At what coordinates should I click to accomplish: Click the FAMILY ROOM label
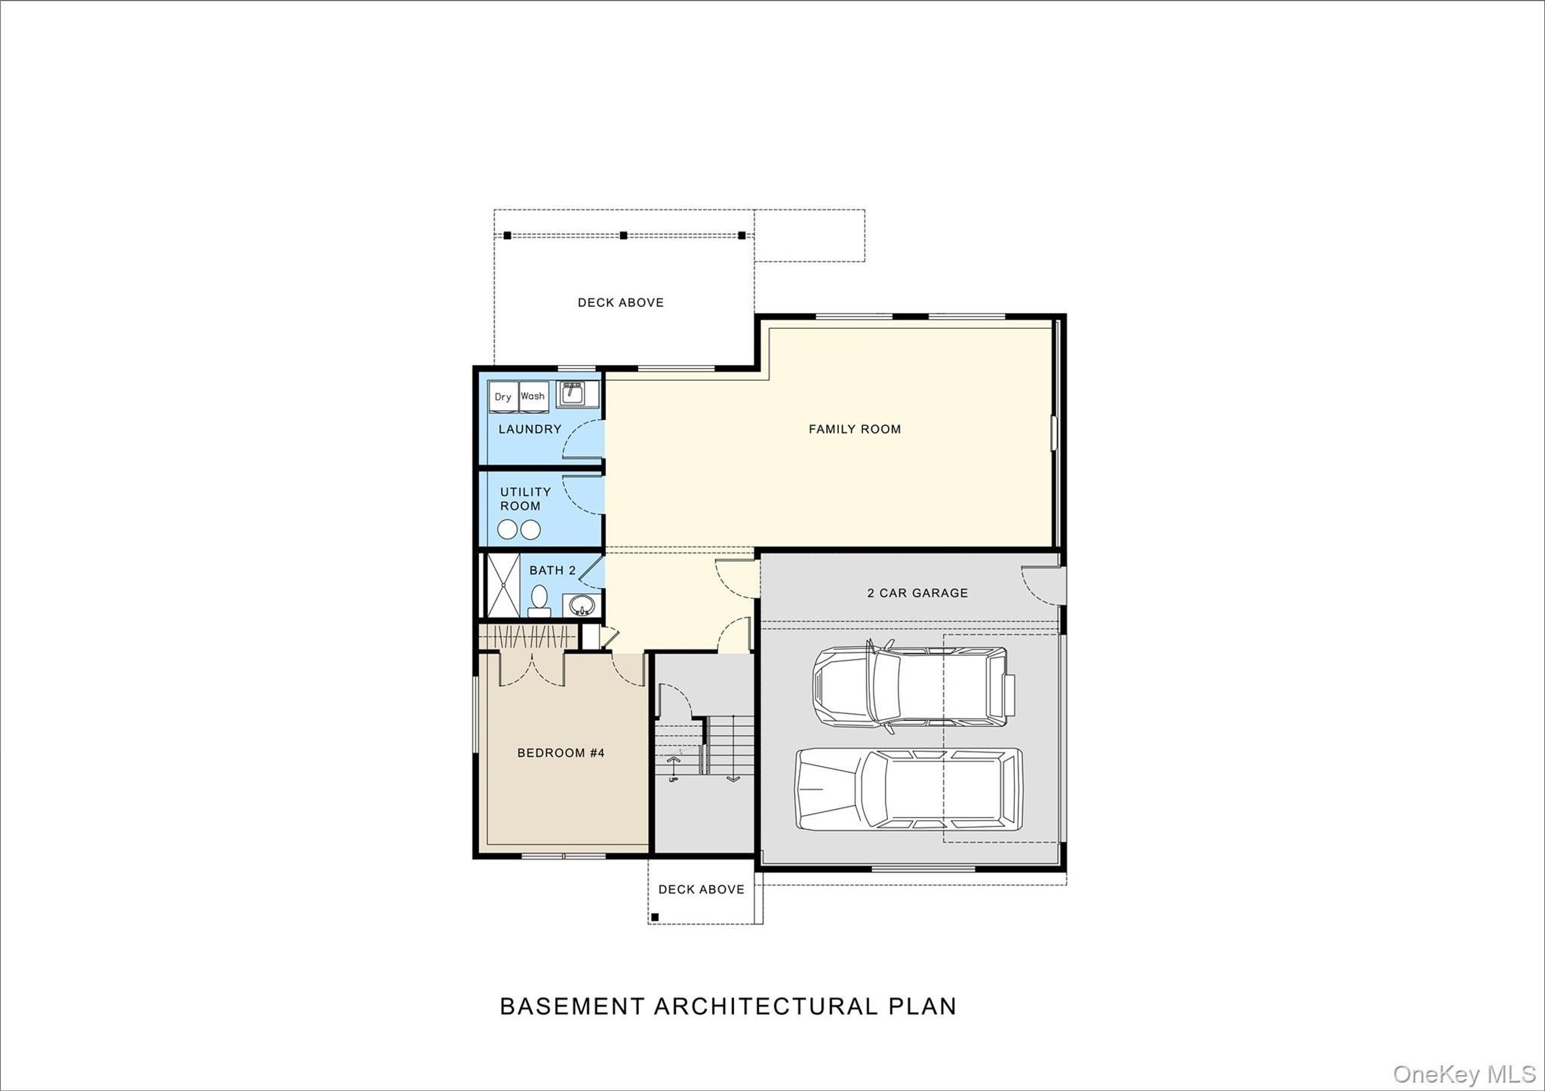(x=854, y=429)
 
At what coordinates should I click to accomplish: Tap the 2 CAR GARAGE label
(x=917, y=593)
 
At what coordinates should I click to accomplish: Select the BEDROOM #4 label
(x=561, y=752)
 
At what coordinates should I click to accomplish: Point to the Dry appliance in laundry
(x=503, y=397)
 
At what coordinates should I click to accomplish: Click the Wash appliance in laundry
(x=533, y=397)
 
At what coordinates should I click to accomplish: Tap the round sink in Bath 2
(x=580, y=605)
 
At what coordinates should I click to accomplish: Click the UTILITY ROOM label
(x=524, y=498)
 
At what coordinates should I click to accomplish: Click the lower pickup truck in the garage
(x=909, y=789)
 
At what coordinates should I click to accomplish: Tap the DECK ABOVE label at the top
(x=620, y=302)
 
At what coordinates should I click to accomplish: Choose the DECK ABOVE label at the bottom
(x=701, y=890)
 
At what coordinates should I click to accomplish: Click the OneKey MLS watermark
(x=1464, y=1074)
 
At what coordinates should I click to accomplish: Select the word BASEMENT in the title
(x=573, y=1007)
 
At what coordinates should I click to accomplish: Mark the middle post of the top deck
(x=623, y=235)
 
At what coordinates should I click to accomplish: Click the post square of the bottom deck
(x=655, y=917)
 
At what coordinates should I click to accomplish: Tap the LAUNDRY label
(x=530, y=429)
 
